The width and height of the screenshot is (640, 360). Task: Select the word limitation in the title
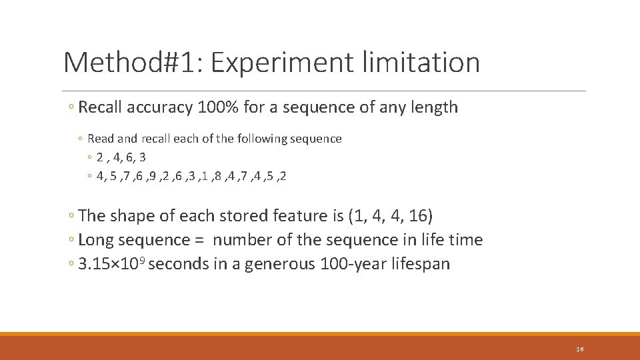421,63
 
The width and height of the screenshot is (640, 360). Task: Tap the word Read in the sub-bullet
101,139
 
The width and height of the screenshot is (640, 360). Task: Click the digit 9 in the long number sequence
153,177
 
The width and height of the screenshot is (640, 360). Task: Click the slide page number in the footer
580,350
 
